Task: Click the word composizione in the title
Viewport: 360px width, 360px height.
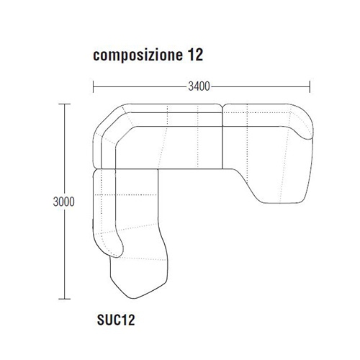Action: click(x=138, y=55)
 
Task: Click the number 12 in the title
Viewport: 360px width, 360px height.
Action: click(x=195, y=55)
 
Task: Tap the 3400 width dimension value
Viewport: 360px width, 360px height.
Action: click(x=199, y=86)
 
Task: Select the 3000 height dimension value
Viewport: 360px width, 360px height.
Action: click(x=63, y=202)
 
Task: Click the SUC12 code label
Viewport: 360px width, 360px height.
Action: click(x=116, y=320)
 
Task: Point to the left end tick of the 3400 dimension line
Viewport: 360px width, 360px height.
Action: click(x=94, y=86)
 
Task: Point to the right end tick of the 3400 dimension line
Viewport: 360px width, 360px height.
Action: click(x=310, y=86)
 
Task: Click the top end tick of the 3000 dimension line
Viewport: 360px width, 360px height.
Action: click(x=64, y=104)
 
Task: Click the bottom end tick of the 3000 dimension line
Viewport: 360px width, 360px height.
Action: click(x=64, y=299)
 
